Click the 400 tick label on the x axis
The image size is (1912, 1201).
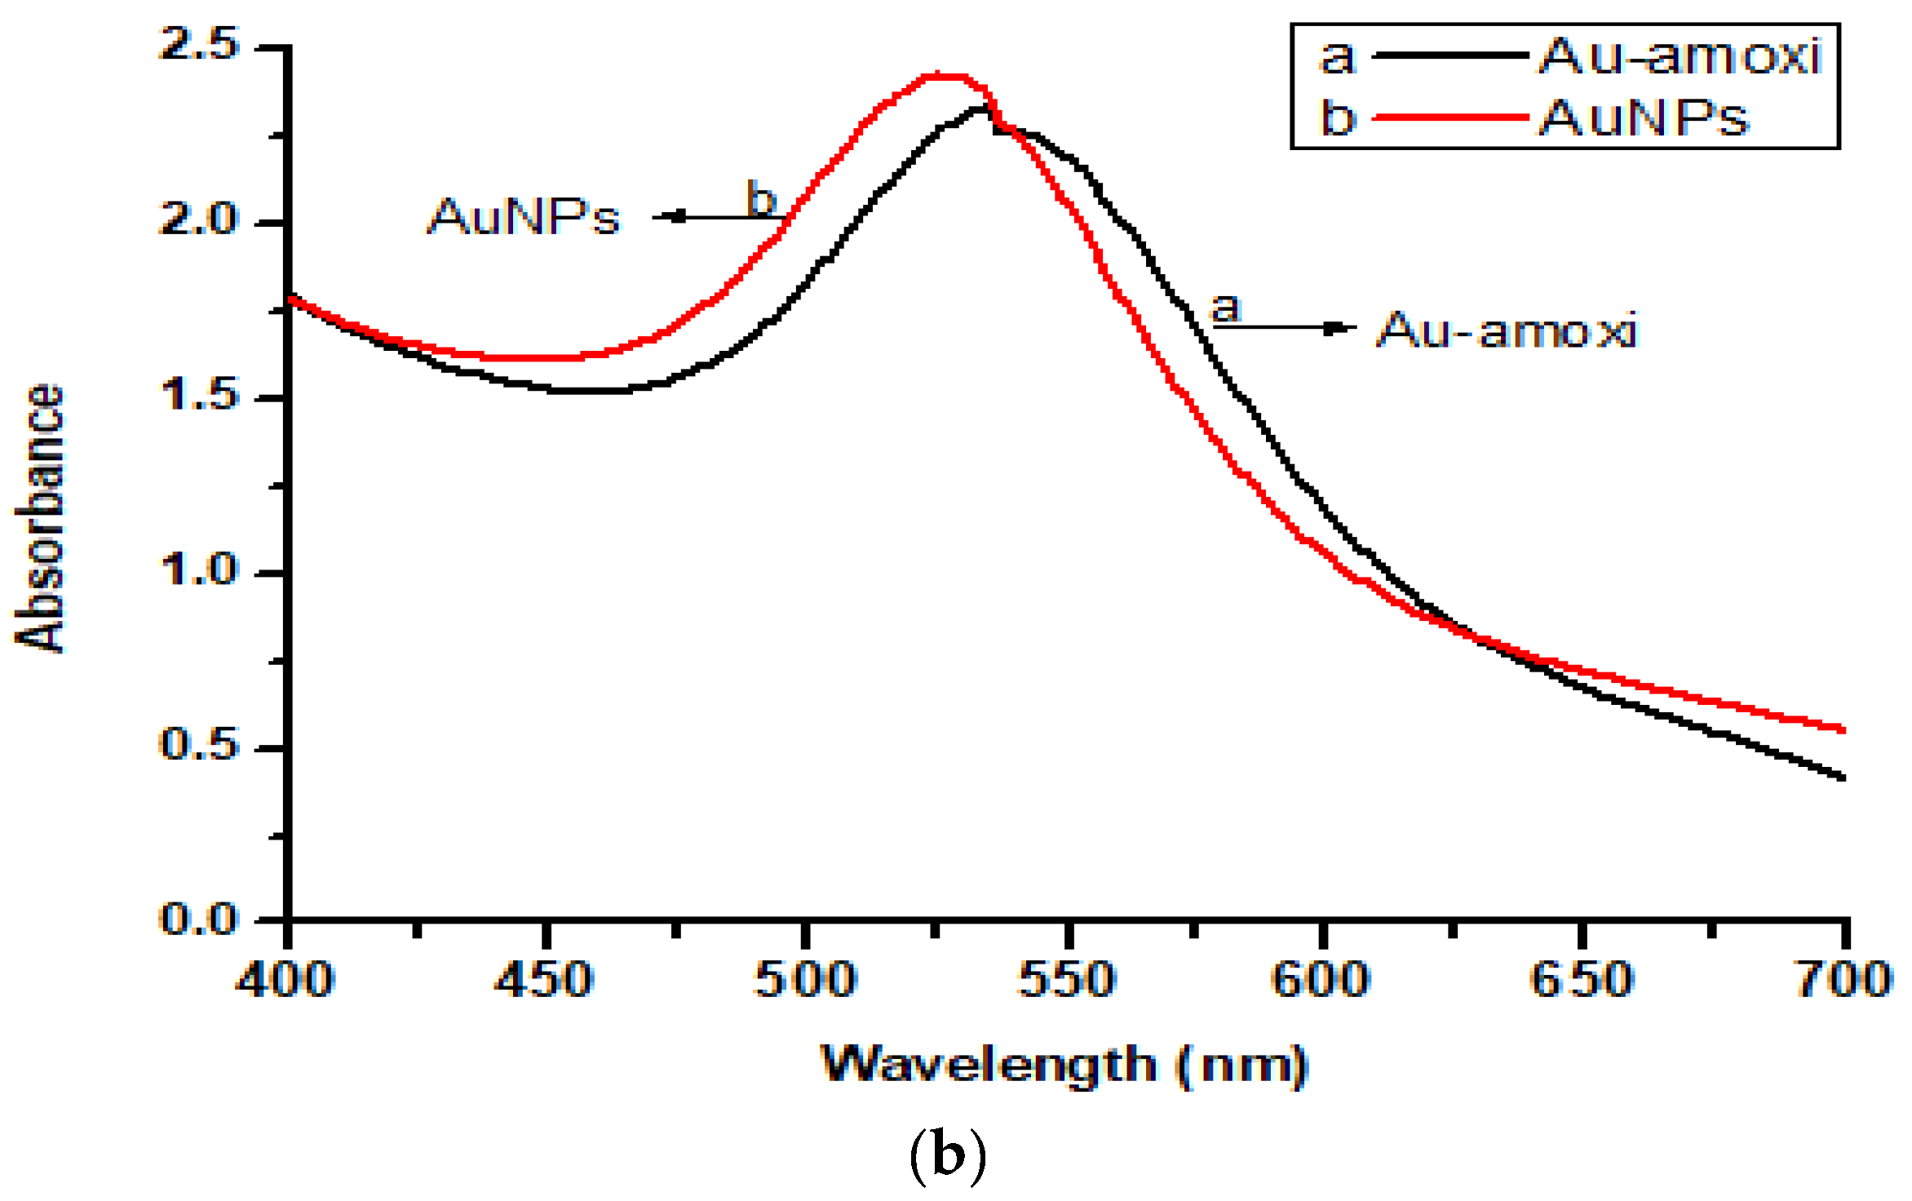285,979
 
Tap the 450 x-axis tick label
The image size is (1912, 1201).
544,979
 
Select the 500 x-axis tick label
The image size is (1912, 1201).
805,979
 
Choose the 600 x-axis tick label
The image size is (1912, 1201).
1321,979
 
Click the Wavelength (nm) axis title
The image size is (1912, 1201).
1064,1066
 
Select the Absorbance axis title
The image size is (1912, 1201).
39,518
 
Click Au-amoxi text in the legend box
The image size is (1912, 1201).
1680,56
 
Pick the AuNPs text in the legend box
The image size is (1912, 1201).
1644,118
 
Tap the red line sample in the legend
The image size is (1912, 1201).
1450,118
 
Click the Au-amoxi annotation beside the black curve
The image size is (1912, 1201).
1507,330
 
